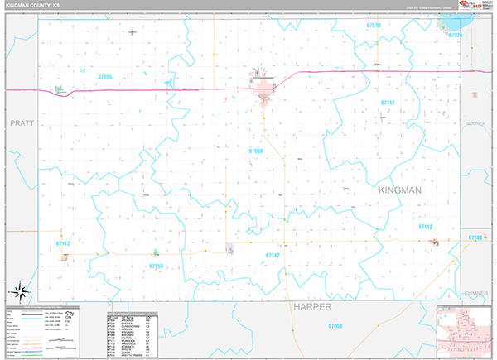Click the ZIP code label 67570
[x=374, y=26]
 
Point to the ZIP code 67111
[x=388, y=102]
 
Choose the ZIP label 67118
[x=425, y=226]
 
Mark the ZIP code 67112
[x=64, y=243]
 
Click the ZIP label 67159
[x=157, y=266]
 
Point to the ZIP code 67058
[x=335, y=326]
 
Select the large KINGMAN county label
[x=400, y=190]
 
